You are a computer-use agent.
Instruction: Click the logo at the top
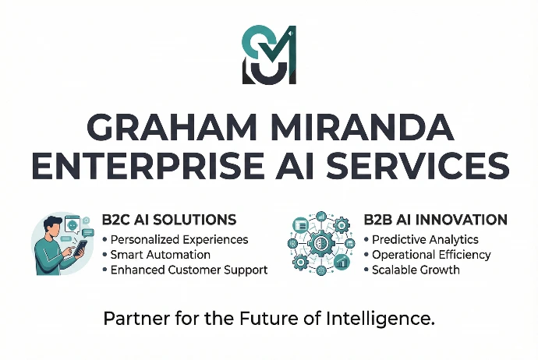(269, 55)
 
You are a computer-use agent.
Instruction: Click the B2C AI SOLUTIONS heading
(169, 221)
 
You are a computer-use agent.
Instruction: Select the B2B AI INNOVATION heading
(435, 221)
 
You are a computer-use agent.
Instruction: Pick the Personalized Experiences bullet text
(179, 239)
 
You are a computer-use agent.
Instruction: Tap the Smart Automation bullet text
(161, 255)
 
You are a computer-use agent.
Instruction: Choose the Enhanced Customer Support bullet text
(189, 270)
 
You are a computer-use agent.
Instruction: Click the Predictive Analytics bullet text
(425, 239)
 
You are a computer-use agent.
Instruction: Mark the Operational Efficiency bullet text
(431, 255)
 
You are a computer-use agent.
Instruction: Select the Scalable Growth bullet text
(416, 270)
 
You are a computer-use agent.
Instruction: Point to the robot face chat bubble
(71, 224)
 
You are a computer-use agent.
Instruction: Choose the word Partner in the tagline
(130, 319)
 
